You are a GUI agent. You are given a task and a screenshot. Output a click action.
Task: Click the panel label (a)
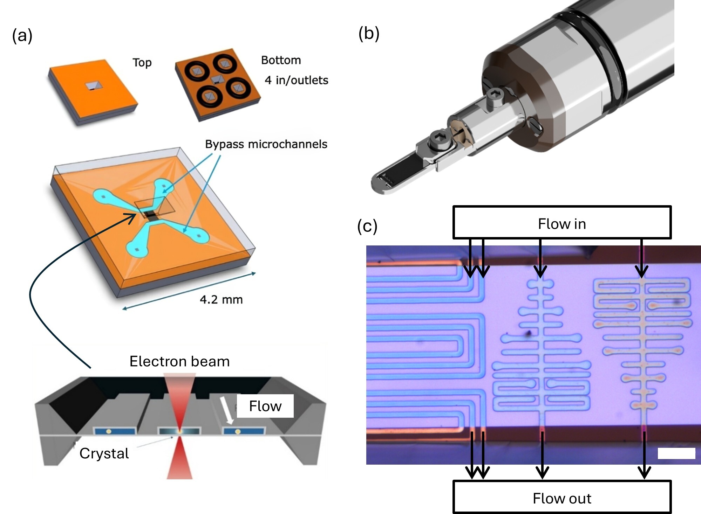click(x=22, y=36)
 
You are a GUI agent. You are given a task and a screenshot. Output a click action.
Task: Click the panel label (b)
click(x=369, y=34)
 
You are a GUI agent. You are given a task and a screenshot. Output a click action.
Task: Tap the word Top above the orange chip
click(x=142, y=63)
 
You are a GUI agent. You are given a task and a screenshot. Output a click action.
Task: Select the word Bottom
click(x=281, y=60)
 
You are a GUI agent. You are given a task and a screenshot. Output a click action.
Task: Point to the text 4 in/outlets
click(x=296, y=80)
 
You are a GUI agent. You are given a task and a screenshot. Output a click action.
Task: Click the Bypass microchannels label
click(x=266, y=144)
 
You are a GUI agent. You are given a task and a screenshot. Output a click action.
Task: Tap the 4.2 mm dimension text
click(x=221, y=299)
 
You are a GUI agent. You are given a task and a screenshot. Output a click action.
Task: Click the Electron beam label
click(x=179, y=361)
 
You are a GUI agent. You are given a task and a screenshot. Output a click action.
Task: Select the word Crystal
click(x=104, y=453)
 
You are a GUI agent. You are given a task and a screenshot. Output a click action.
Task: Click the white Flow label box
click(x=265, y=406)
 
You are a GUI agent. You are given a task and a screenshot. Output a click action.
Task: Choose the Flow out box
click(x=562, y=498)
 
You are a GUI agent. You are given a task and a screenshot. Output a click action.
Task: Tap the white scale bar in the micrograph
click(x=676, y=453)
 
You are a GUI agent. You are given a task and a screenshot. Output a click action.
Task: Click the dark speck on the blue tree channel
click(x=528, y=333)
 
